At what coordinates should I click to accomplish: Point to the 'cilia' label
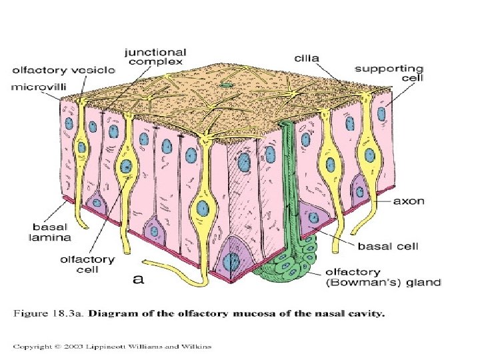(307, 58)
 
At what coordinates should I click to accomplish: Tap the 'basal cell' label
(388, 247)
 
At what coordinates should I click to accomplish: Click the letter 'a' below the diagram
(138, 279)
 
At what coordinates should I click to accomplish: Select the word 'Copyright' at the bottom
(35, 345)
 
